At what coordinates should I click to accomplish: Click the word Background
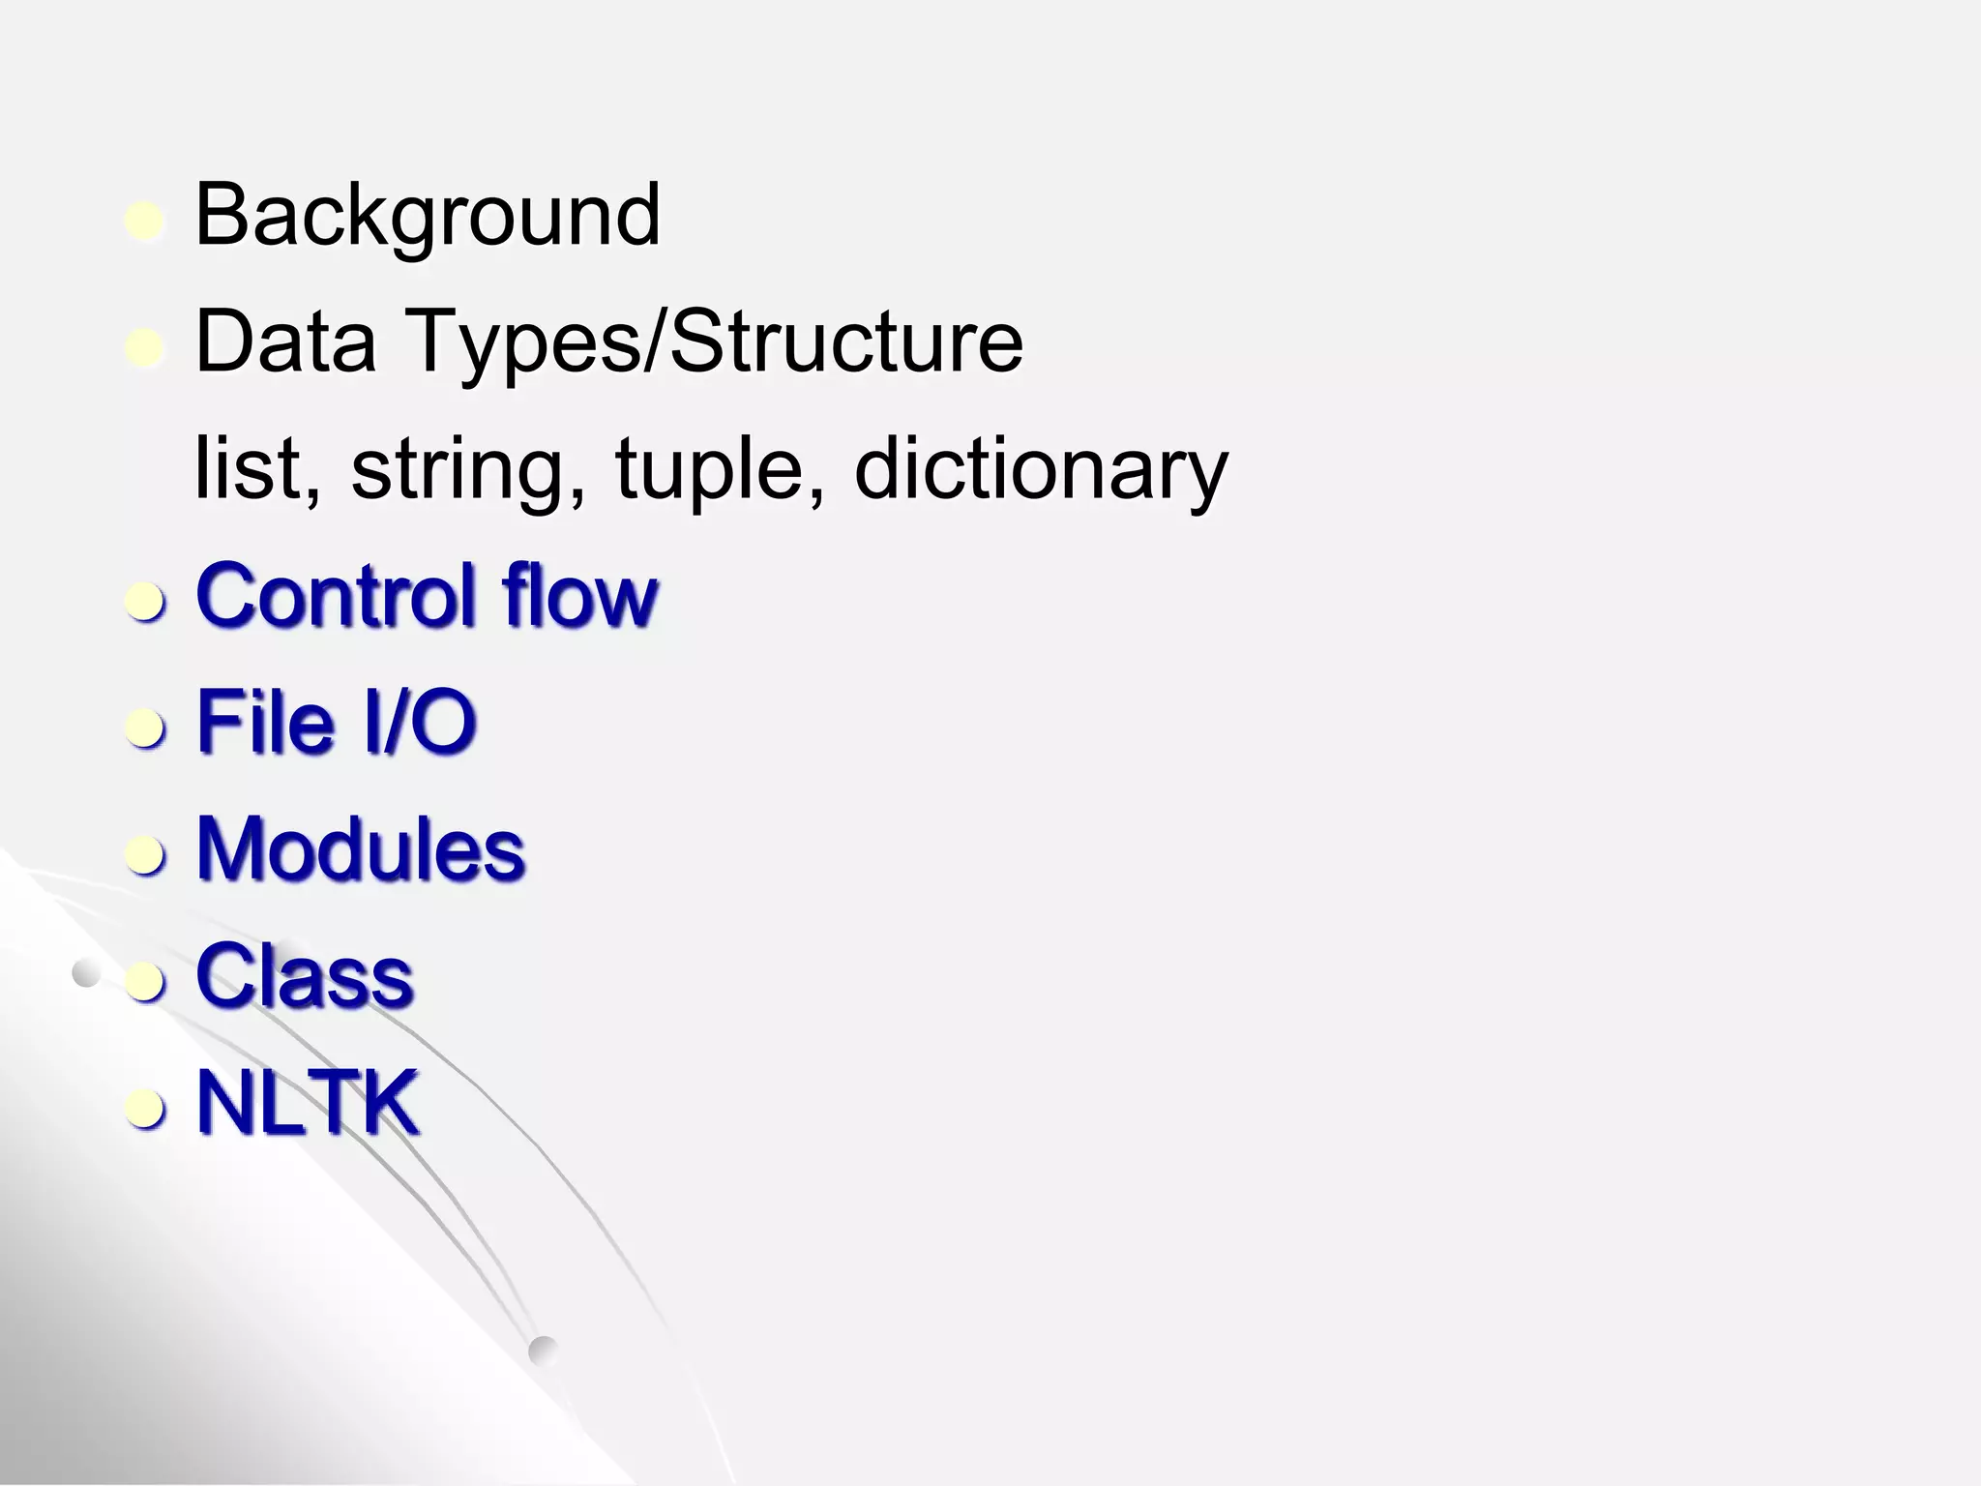click(x=428, y=217)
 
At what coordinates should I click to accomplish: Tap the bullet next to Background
click(x=145, y=222)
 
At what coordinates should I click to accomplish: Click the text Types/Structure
click(x=715, y=344)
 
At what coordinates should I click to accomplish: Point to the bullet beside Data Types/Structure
click(x=145, y=348)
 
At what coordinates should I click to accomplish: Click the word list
click(x=255, y=468)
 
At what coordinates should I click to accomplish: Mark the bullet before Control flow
click(x=145, y=602)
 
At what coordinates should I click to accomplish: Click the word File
click(x=265, y=722)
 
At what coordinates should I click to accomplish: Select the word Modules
click(x=360, y=849)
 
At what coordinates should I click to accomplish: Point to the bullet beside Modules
click(x=145, y=855)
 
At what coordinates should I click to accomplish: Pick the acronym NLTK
click(x=308, y=1103)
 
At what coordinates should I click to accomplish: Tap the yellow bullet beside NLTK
click(x=145, y=1109)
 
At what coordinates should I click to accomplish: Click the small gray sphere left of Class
click(x=86, y=974)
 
